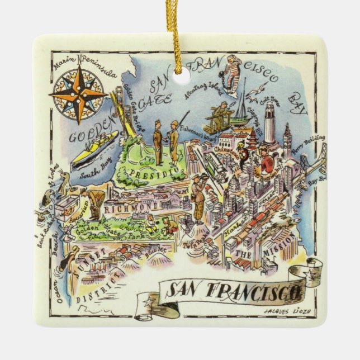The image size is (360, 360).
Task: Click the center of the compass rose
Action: click(78, 91)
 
